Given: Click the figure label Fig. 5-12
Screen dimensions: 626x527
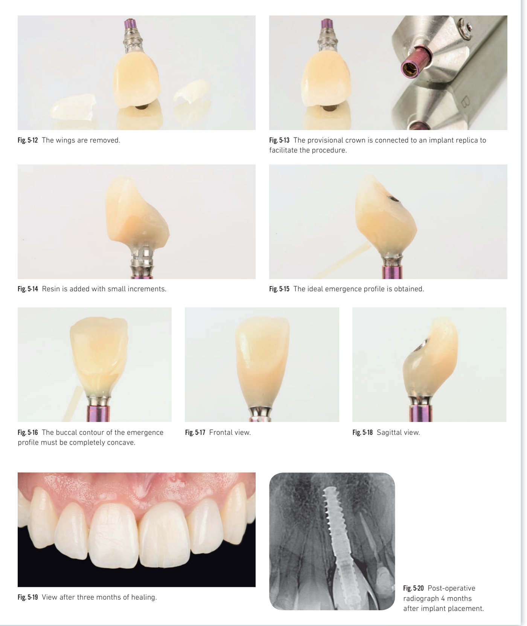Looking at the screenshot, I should [x=27, y=140].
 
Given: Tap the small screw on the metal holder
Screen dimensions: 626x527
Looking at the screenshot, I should [x=468, y=26].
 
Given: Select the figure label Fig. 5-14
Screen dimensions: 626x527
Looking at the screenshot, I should [x=27, y=289].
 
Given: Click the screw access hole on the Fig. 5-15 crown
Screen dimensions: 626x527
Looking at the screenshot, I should [x=394, y=199].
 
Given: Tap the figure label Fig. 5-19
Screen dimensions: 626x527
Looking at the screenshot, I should [x=27, y=597].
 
